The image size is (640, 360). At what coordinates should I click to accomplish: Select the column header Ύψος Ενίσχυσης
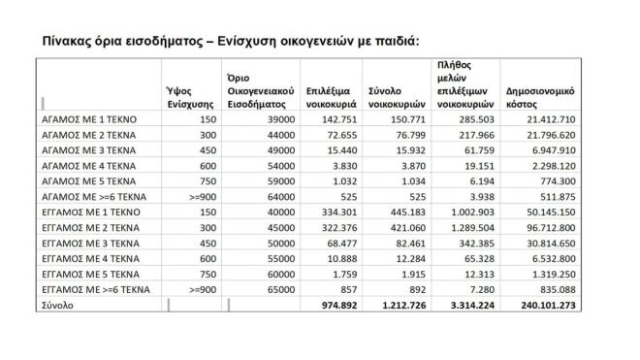point(188,96)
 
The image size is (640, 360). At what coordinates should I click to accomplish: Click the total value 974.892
point(331,304)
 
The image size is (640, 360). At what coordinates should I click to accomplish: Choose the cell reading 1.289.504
point(468,226)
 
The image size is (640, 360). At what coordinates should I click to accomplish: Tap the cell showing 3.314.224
point(468,304)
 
